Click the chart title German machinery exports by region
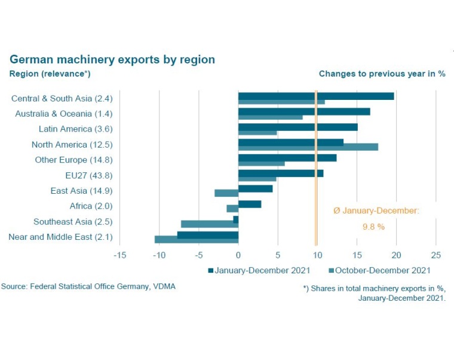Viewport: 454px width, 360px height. tap(112, 60)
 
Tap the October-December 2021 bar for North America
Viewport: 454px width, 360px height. tap(308, 147)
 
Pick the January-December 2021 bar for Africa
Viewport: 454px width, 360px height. tap(250, 204)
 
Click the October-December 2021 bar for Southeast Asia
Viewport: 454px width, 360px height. tap(209, 224)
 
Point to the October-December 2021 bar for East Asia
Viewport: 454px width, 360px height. tap(226, 193)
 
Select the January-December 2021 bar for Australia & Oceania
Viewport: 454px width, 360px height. tap(303, 111)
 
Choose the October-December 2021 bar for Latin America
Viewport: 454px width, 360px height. tap(257, 132)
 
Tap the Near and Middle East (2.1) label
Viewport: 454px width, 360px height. tap(60, 237)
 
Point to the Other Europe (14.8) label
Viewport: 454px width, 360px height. tap(73, 160)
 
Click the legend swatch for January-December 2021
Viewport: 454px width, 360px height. tap(211, 270)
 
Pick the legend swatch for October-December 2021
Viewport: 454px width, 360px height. tap(330, 270)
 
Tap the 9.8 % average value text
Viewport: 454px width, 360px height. tap(373, 227)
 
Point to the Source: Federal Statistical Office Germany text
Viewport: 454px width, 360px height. tap(88, 286)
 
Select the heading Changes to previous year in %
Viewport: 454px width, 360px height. tap(382, 74)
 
